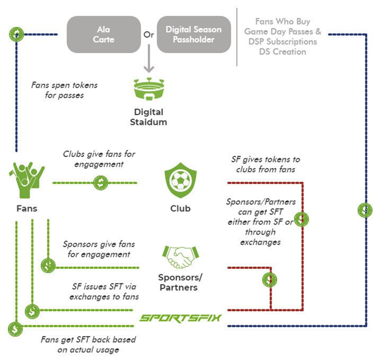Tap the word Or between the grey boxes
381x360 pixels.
coord(148,34)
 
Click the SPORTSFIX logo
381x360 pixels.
coord(180,318)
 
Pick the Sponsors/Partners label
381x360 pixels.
coord(180,282)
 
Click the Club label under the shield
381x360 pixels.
coord(180,208)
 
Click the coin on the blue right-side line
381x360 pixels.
coord(365,210)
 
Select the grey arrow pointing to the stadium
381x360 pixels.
coord(147,61)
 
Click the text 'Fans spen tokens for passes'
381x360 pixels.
coord(64,90)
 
